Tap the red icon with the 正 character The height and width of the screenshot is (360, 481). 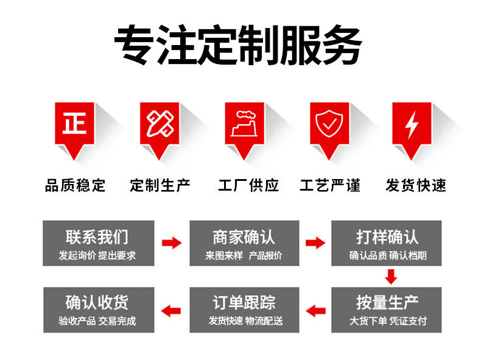pyautogui.click(x=75, y=125)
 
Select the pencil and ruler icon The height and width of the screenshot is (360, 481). pyautogui.click(x=160, y=125)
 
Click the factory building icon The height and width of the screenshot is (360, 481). pyautogui.click(x=244, y=125)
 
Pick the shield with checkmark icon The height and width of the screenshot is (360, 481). pyautogui.click(x=329, y=125)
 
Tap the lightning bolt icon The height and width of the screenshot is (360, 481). pyautogui.click(x=412, y=125)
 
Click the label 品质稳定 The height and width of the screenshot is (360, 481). pyautogui.click(x=75, y=185)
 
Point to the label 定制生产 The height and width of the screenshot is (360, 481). pyautogui.click(x=160, y=185)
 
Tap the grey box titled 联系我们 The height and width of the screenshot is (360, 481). pyautogui.click(x=97, y=243)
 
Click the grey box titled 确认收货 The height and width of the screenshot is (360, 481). pyautogui.click(x=97, y=309)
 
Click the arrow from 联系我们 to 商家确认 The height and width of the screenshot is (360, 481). pyautogui.click(x=172, y=244)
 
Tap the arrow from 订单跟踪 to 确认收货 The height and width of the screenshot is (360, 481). pyautogui.click(x=172, y=309)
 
